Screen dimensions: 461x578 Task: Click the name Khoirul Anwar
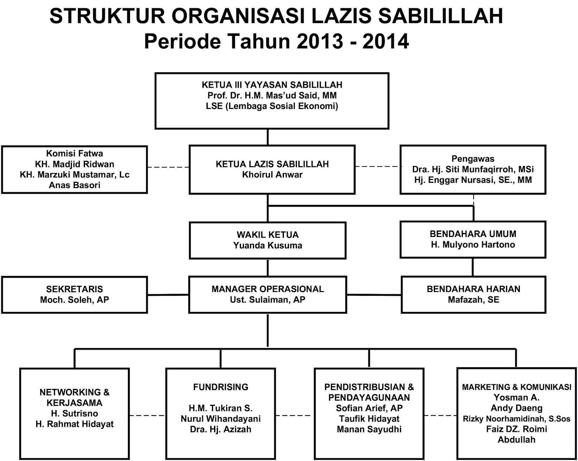(x=272, y=175)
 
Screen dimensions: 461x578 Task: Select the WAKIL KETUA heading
(x=268, y=235)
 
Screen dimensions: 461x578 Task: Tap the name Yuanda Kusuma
(x=268, y=246)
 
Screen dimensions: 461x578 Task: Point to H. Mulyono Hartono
(x=473, y=245)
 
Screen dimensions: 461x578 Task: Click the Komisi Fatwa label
(x=74, y=154)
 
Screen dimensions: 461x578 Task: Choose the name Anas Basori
(x=74, y=185)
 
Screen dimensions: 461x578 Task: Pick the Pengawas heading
(x=473, y=159)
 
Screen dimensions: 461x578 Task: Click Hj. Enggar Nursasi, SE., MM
(x=473, y=180)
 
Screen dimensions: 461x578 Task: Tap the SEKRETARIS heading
(x=74, y=289)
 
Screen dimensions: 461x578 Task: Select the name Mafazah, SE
(x=473, y=300)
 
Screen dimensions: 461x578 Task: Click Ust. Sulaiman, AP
(x=268, y=300)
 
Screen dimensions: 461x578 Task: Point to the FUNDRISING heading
(x=221, y=387)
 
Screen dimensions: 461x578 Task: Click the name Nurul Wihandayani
(x=221, y=419)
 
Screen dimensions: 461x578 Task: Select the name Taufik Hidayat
(x=369, y=419)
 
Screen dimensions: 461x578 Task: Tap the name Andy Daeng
(x=517, y=408)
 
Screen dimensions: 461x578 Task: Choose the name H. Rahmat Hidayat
(x=74, y=424)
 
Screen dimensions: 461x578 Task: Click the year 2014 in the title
(x=385, y=41)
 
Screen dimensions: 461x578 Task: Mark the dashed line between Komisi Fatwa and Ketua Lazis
(x=168, y=167)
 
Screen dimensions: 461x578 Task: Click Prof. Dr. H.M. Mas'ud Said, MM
(x=272, y=96)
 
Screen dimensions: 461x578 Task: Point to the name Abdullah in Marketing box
(x=517, y=440)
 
